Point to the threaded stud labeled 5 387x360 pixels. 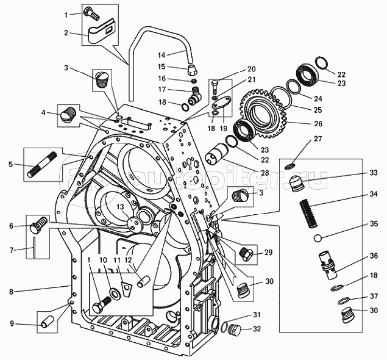pyautogui.click(x=42, y=164)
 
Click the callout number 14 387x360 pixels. pyautogui.click(x=162, y=55)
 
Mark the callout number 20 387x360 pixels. pyautogui.click(x=252, y=70)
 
